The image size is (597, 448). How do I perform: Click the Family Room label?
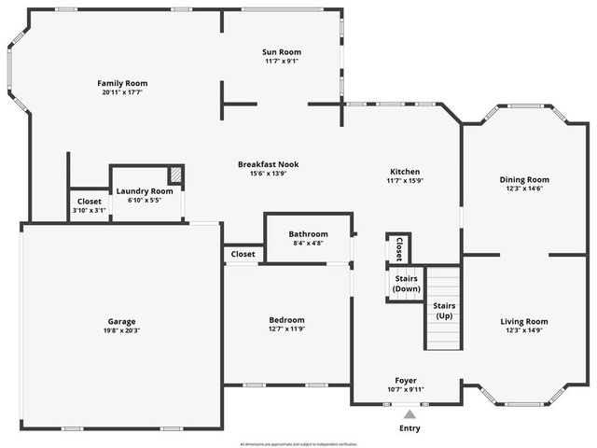122,83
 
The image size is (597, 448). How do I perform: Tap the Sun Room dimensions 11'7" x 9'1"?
281,62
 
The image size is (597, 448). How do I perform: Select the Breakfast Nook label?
268,164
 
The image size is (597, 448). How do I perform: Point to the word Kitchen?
405,172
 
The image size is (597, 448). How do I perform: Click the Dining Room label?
524,179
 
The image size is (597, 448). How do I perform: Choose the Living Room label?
524,321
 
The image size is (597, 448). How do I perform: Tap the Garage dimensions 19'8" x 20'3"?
121,330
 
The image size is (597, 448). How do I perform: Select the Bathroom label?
308,233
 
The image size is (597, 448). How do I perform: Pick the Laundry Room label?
145,191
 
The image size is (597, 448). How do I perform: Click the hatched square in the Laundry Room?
174,175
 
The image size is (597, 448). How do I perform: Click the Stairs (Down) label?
406,284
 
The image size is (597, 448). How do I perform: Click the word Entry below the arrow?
410,428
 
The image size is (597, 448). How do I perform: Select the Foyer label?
405,380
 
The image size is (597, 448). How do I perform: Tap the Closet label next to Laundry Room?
90,201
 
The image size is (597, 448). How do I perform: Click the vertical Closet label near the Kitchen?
398,248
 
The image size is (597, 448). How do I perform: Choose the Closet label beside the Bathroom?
243,254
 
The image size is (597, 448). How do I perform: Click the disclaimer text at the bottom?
298,443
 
